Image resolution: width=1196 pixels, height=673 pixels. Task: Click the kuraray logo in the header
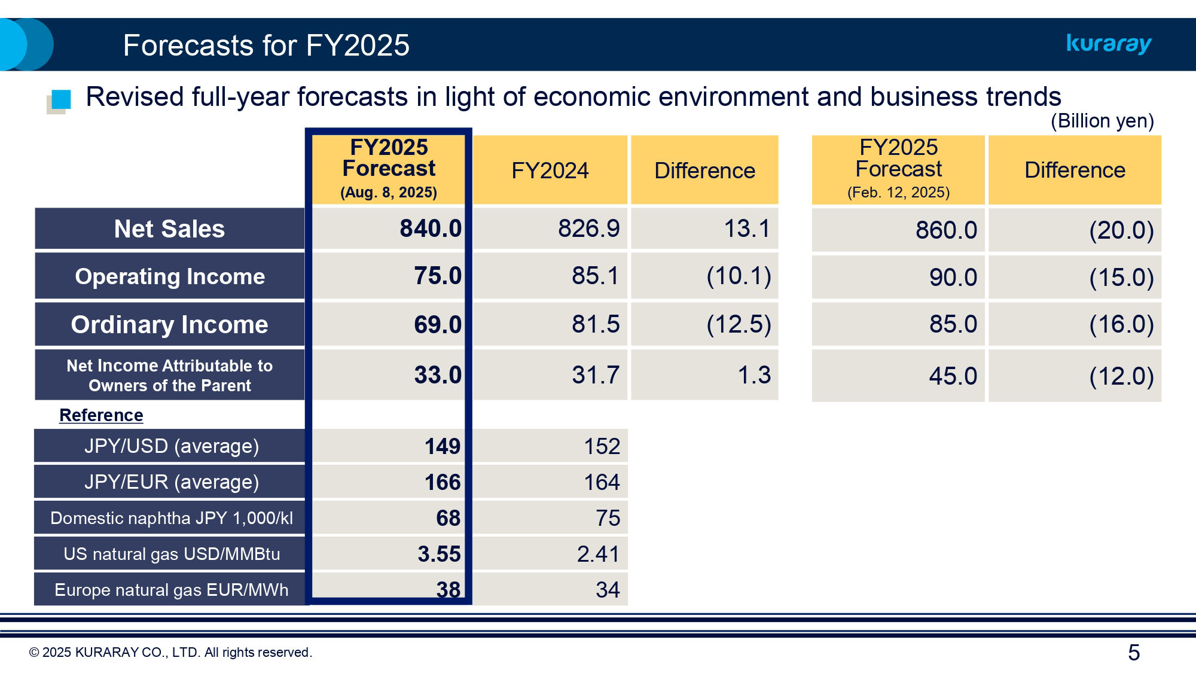click(x=1109, y=44)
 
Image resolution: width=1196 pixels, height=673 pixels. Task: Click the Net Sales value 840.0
click(x=431, y=229)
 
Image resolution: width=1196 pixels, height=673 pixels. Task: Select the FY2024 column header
click(x=550, y=170)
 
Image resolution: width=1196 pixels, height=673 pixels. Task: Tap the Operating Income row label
click(x=170, y=276)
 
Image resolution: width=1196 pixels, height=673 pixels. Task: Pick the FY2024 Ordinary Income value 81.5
click(x=596, y=324)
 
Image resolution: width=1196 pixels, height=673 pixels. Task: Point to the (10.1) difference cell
click(x=739, y=276)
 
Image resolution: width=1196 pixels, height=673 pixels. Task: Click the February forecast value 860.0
click(x=946, y=230)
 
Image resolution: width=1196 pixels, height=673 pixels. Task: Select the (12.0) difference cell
click(x=1121, y=376)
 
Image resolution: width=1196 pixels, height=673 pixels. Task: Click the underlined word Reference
click(x=101, y=415)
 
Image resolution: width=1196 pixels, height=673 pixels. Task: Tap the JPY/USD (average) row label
click(x=172, y=446)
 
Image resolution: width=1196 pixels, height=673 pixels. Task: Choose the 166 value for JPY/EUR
click(x=443, y=482)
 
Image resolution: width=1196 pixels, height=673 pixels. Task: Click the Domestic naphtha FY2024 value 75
click(x=608, y=518)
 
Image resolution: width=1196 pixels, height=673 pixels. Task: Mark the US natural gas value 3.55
click(x=439, y=554)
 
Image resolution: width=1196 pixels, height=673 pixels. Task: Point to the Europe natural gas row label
click(x=172, y=590)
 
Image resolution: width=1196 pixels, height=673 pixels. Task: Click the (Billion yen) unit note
click(x=1102, y=121)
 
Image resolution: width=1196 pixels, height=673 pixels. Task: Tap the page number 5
click(x=1134, y=652)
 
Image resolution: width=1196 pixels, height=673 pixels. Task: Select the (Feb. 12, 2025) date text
click(x=898, y=193)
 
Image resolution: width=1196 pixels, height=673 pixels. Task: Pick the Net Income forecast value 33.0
click(x=438, y=375)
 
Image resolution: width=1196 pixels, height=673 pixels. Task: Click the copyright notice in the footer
click(x=170, y=652)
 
